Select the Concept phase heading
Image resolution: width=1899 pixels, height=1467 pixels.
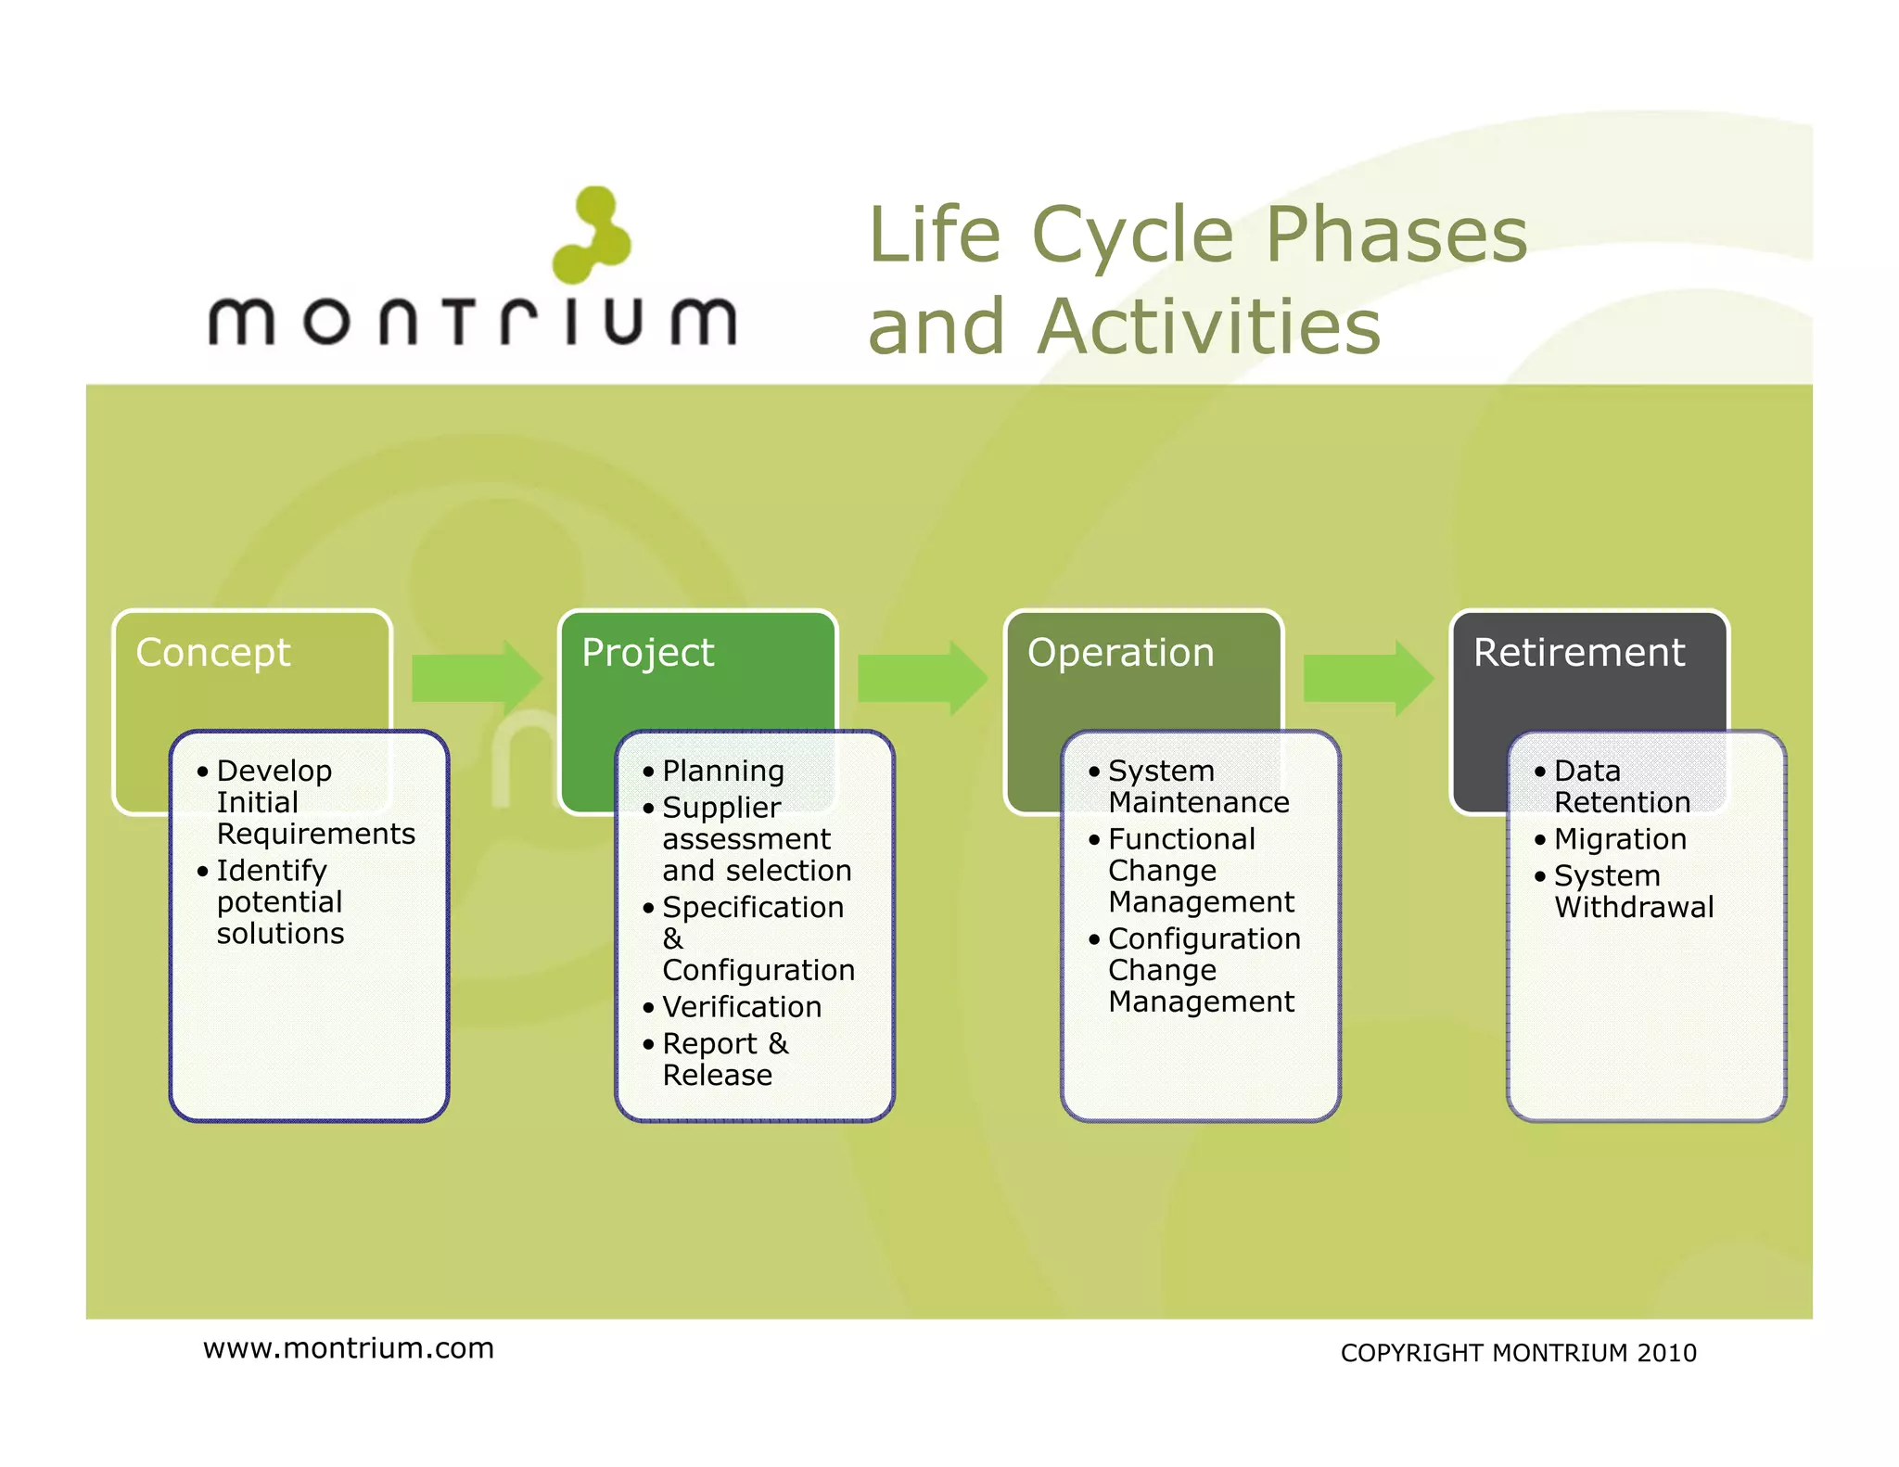pos(213,653)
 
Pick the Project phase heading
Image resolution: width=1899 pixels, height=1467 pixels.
pos(647,653)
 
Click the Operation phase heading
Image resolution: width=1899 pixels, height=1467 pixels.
pos(1120,653)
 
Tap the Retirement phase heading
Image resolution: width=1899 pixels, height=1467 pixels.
pos(1578,653)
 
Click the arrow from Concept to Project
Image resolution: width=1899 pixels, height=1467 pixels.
pos(476,678)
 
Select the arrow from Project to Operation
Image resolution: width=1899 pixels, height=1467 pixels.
pos(922,678)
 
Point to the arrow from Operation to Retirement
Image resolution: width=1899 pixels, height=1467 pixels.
pos(1368,678)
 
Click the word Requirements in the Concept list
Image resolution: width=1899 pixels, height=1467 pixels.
pos(315,834)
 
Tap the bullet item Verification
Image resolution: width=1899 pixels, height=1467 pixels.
pos(741,1007)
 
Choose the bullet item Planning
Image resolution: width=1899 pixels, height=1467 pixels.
pos(722,772)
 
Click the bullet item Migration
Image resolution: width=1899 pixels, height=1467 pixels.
pos(1619,839)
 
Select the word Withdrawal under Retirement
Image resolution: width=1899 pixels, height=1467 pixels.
pos(1634,907)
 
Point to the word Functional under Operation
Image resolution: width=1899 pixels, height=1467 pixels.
pos(1181,839)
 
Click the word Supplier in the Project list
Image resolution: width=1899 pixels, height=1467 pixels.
pos(720,808)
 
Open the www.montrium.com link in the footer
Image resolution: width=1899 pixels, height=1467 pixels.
pos(349,1348)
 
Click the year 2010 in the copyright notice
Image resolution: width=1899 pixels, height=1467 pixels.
pos(1666,1354)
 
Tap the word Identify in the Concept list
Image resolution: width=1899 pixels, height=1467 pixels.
pos(271,871)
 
